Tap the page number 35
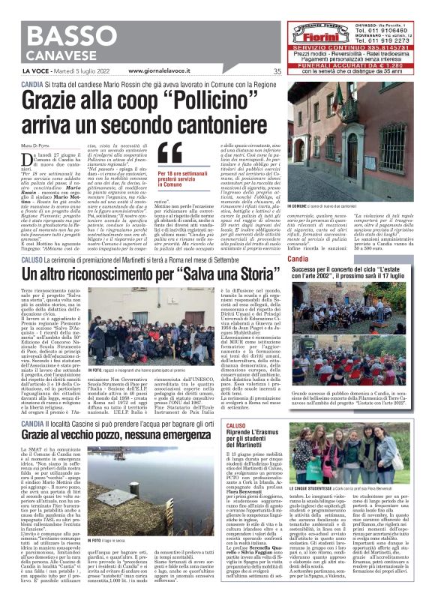tap(277, 72)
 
